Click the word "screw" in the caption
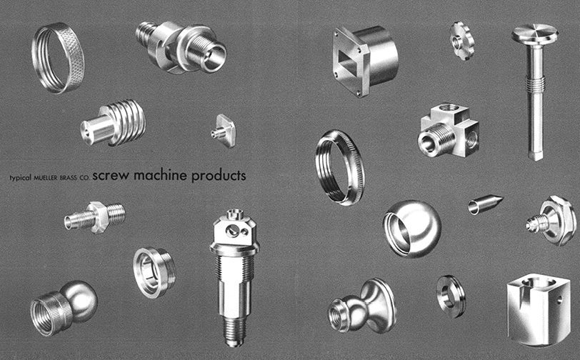point(111,175)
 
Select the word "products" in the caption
point(219,176)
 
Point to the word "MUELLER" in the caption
point(46,178)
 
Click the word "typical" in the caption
point(21,178)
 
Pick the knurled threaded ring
point(58,58)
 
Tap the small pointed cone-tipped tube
point(485,204)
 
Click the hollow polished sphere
point(412,229)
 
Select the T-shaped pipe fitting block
point(449,131)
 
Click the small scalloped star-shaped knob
point(461,41)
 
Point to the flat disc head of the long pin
point(534,34)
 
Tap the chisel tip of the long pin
point(536,155)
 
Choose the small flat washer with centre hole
point(451,296)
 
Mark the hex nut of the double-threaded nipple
point(98,217)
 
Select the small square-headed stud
point(224,131)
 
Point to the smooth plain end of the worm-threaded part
point(95,129)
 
